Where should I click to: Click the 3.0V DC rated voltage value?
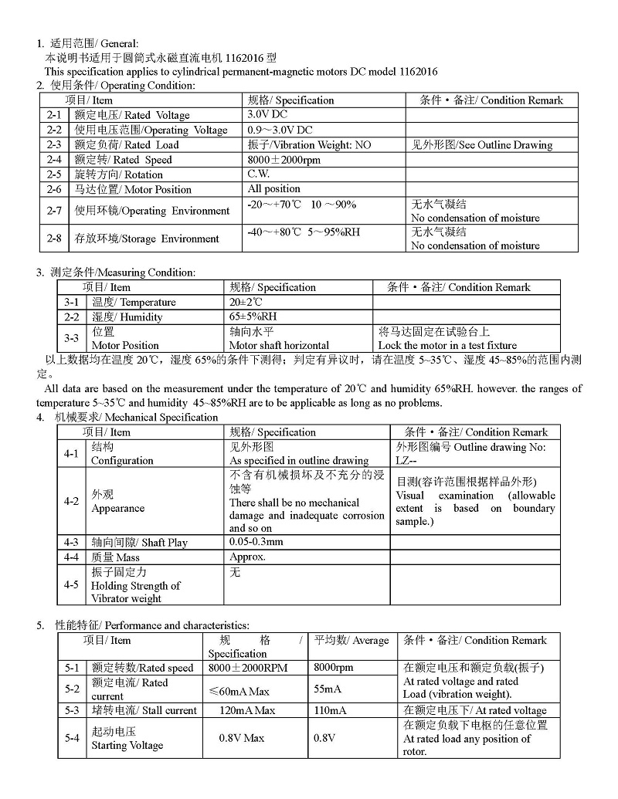tap(267, 114)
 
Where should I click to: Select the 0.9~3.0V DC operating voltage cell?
tap(280, 130)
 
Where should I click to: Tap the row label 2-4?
tap(53, 160)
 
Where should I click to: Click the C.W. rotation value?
tap(258, 174)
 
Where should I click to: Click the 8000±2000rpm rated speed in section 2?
tap(284, 160)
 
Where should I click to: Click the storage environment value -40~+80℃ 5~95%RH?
tap(304, 232)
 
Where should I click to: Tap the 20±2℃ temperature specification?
tap(246, 302)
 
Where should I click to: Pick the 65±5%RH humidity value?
tap(253, 317)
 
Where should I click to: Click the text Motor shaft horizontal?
tap(279, 345)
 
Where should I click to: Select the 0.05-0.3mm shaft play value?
tap(256, 542)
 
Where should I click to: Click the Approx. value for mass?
tap(247, 557)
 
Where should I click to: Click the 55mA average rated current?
tap(328, 689)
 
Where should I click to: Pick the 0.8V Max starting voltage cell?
tap(241, 738)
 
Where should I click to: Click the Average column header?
tap(351, 640)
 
